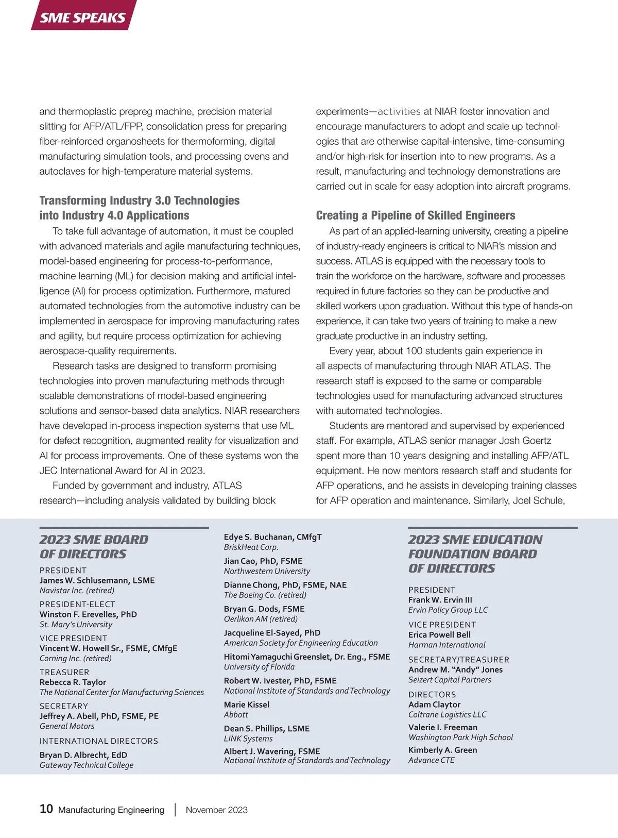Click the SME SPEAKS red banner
pos(83,17)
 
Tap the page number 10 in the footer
pos(46,809)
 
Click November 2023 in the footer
pos(216,810)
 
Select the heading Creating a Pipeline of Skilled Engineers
pos(416,215)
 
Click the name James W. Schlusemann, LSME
pos(97,580)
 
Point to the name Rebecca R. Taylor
pos(73,682)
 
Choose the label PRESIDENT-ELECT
pos(77,604)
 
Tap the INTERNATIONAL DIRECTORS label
pos(99,741)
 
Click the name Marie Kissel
pos(247,705)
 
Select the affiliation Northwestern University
pos(267,571)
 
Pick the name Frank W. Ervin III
pos(440,600)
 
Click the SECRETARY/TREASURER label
pos(459,660)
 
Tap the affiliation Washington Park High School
pos(460,738)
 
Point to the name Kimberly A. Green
pos(443,750)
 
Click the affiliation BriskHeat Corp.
pos(251,547)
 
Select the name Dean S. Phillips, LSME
pos(267,729)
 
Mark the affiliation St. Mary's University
pos(76,625)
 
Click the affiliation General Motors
pos(67,726)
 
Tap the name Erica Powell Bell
pos(439,635)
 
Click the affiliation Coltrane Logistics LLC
pos(447,715)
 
